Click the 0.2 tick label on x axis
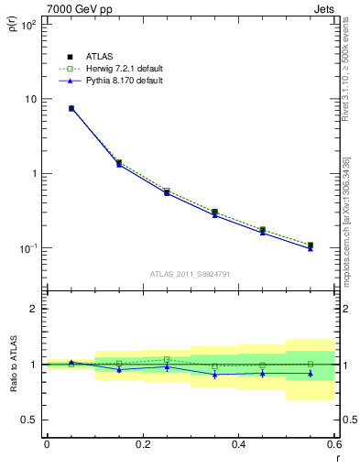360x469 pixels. [142, 443]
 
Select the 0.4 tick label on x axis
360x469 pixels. [238, 443]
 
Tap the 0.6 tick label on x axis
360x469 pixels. [333, 443]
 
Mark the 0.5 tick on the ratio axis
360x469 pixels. [29, 420]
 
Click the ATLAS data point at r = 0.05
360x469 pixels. [71, 108]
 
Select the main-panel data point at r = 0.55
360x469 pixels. [311, 245]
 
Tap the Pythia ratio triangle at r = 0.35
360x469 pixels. [214, 375]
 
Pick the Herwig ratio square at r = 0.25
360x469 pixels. [167, 359]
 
